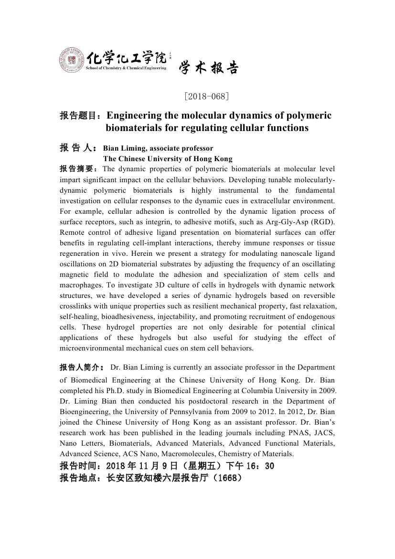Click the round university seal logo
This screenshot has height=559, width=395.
tap(72, 61)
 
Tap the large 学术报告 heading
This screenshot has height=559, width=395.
tap(208, 69)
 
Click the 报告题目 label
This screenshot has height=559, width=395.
tap(80, 116)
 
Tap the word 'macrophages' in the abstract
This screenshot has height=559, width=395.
tap(79, 285)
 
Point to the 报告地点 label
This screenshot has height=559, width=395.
tap(80, 478)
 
